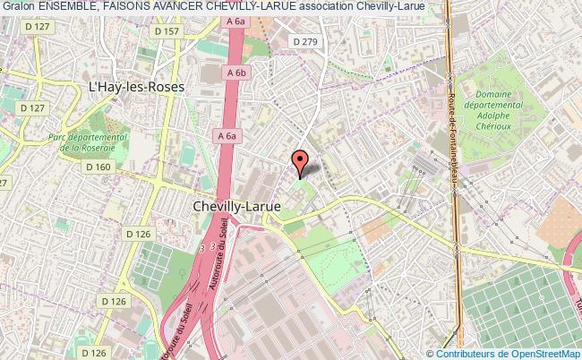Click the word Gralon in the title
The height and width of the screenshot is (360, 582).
[20, 6]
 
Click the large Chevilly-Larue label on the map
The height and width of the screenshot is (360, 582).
[237, 205]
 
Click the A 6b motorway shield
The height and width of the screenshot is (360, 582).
[236, 73]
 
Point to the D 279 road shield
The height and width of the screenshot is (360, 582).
[307, 40]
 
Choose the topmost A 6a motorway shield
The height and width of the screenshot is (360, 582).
[236, 21]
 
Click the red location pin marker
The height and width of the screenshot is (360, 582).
[301, 160]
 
